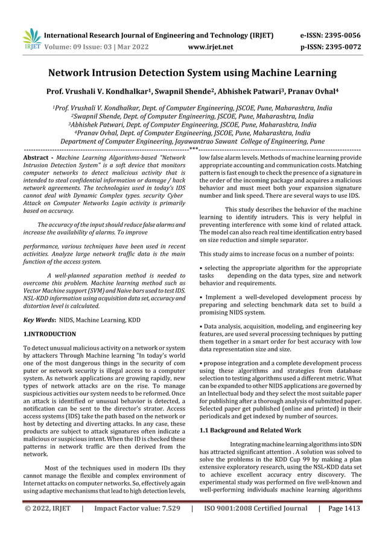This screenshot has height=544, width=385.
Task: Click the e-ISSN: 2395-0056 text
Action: [x=330, y=35]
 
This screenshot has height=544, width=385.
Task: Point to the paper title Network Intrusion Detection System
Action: [x=192, y=73]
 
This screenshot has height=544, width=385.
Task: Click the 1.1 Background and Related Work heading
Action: [x=250, y=430]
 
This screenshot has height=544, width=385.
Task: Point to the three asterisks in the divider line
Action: [x=192, y=148]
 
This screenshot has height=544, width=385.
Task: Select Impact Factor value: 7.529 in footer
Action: [x=138, y=508]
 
